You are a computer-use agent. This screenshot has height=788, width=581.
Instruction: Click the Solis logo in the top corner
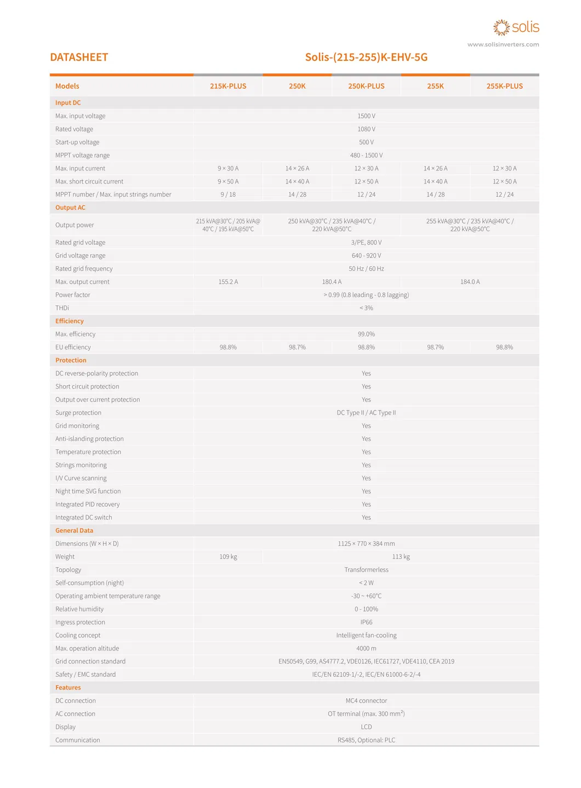point(516,27)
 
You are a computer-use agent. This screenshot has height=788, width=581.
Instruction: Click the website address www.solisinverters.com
point(503,45)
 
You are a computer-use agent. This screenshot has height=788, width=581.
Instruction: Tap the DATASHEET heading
point(79,58)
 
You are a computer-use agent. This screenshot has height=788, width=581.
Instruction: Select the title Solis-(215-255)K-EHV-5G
point(366,58)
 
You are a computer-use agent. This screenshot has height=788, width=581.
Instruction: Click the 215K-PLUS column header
point(228,86)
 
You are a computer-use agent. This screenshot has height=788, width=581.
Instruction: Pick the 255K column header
point(435,86)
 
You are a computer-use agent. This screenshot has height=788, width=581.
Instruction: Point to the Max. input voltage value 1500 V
point(366,116)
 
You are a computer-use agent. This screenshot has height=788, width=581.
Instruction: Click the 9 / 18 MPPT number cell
point(228,195)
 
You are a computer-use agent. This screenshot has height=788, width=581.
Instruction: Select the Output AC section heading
point(70,208)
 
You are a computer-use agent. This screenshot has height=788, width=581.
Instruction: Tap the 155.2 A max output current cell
point(228,282)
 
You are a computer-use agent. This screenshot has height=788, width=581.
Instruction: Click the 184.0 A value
point(470,282)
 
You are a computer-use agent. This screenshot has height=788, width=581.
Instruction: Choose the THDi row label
point(62,308)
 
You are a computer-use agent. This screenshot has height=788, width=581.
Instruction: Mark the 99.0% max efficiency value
point(366,334)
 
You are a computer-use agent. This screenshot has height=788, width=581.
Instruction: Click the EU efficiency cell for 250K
point(297,347)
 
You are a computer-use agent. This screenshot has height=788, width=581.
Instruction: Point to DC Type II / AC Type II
point(366,413)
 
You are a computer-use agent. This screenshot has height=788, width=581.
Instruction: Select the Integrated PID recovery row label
point(87,504)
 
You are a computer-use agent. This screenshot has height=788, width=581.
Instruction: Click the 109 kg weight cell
point(228,557)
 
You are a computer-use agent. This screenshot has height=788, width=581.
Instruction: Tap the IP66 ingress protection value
point(366,623)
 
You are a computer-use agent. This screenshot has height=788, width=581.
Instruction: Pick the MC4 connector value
point(366,701)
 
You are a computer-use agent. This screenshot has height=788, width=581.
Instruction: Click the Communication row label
point(77,740)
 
